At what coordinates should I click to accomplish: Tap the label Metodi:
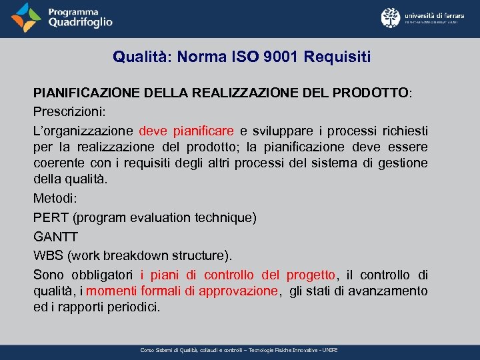tap(55, 198)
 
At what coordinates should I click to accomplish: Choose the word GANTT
tap(56, 237)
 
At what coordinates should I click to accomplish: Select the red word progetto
tap(311, 275)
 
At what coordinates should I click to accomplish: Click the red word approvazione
tap(238, 291)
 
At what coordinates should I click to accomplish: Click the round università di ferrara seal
tap(391, 18)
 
